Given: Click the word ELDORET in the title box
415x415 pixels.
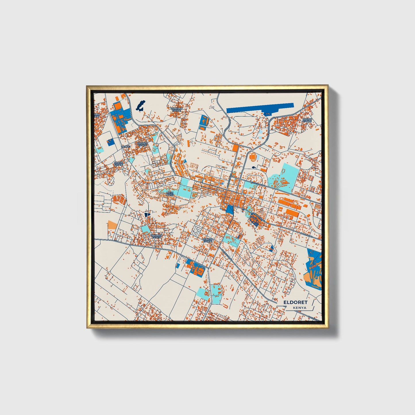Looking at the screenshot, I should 295,302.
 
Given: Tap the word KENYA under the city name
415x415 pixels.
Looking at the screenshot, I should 300,308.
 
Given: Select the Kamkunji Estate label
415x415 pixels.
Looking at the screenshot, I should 176,109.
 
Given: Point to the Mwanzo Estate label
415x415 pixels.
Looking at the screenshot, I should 142,144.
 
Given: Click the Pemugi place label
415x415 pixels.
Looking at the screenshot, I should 126,146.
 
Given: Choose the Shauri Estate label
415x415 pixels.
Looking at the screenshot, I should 118,164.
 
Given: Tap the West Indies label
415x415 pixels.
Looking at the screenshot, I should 170,194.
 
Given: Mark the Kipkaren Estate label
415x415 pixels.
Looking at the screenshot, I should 156,236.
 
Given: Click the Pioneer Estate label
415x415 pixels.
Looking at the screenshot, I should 208,240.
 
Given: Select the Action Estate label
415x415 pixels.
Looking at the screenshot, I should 307,120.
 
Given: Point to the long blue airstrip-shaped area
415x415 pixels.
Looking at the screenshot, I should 260,108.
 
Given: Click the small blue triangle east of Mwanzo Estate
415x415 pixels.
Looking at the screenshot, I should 186,161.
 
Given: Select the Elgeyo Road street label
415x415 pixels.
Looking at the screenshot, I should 258,183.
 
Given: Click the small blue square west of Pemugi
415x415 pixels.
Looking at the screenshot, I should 110,142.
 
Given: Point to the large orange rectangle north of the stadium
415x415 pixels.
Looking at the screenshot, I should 236,148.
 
